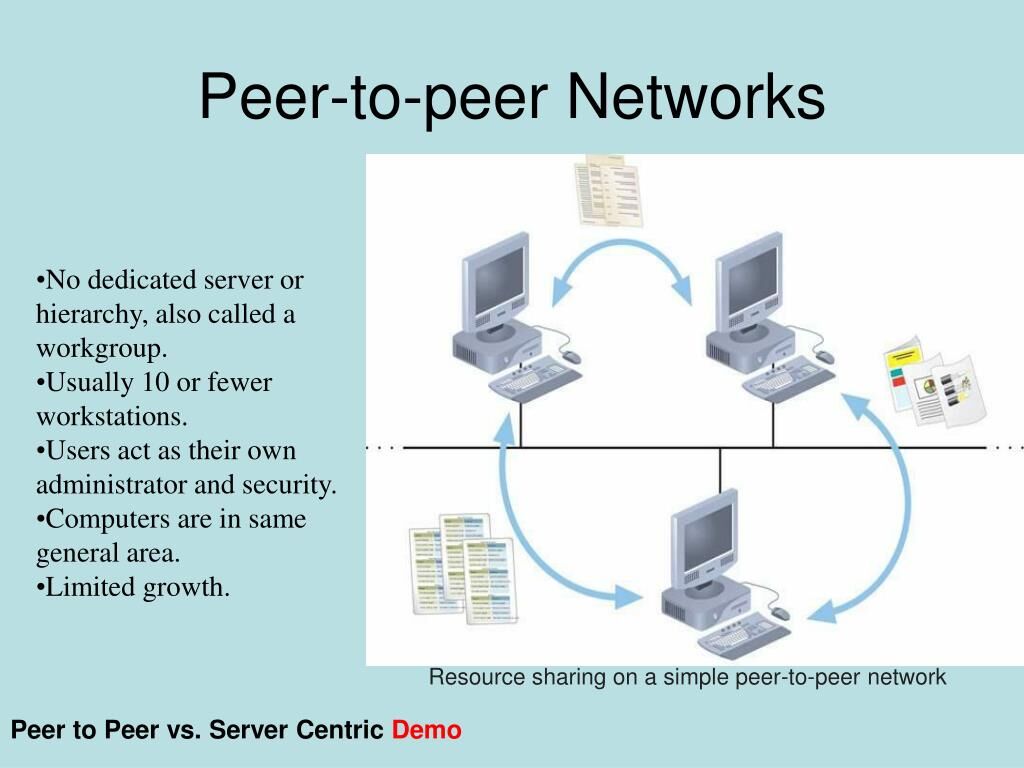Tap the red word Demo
(x=427, y=730)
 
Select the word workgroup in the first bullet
(x=100, y=348)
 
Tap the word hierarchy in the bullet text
(x=88, y=314)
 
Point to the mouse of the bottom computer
(x=779, y=613)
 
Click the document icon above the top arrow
(x=607, y=190)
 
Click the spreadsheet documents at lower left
(x=463, y=566)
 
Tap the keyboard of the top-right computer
(x=786, y=381)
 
